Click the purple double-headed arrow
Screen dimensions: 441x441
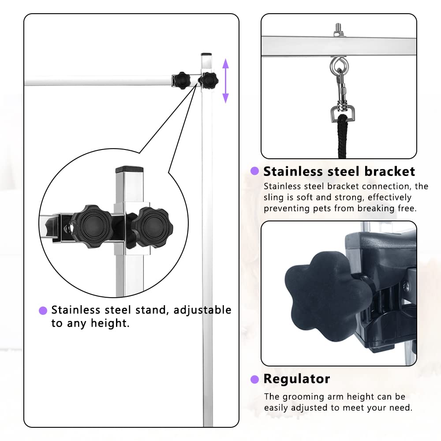[x=225, y=81]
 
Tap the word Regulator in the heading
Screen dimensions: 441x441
[x=296, y=378]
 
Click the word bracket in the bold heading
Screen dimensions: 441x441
[x=386, y=171]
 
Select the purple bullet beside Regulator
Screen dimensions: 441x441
[x=254, y=379]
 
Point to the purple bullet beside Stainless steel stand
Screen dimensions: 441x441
[x=43, y=310]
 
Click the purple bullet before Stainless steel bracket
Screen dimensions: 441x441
[x=254, y=171]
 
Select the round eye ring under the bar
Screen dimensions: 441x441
[x=338, y=66]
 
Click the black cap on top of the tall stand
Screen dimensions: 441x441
[x=206, y=55]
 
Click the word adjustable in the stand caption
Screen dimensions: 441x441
[x=202, y=310]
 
